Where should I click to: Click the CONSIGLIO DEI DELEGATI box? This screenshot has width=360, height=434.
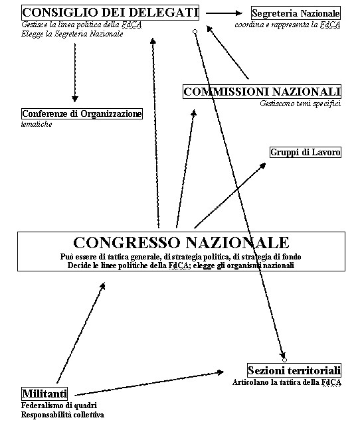point(110,13)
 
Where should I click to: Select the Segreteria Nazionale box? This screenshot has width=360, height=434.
point(296,13)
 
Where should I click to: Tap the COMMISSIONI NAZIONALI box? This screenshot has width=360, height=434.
point(262,92)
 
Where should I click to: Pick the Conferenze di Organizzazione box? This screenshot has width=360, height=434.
point(82,113)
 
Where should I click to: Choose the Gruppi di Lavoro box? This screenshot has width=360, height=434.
point(306,152)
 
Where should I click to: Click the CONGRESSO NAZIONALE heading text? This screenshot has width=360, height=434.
point(181,242)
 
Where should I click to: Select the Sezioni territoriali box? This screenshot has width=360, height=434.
point(294,370)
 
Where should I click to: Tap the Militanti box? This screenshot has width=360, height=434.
point(45,394)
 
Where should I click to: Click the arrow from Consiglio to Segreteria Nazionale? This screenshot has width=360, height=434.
point(224,13)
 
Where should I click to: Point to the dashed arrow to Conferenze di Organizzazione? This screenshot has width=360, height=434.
point(75,72)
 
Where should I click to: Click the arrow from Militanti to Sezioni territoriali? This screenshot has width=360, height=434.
point(149,384)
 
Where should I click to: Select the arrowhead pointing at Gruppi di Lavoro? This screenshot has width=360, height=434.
point(262,165)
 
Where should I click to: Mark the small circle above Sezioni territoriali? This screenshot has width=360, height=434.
point(284,360)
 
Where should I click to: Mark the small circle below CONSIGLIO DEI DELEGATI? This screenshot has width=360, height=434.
point(195,32)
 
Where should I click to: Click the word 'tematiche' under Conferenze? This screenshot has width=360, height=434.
point(37,124)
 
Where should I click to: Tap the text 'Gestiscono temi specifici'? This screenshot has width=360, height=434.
point(300,104)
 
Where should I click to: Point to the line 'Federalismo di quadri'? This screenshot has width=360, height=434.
point(59,405)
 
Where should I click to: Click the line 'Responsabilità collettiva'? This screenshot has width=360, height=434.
point(62,415)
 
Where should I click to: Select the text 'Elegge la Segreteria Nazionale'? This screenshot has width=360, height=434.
point(72,34)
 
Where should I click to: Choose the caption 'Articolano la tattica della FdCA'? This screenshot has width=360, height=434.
point(287,382)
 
